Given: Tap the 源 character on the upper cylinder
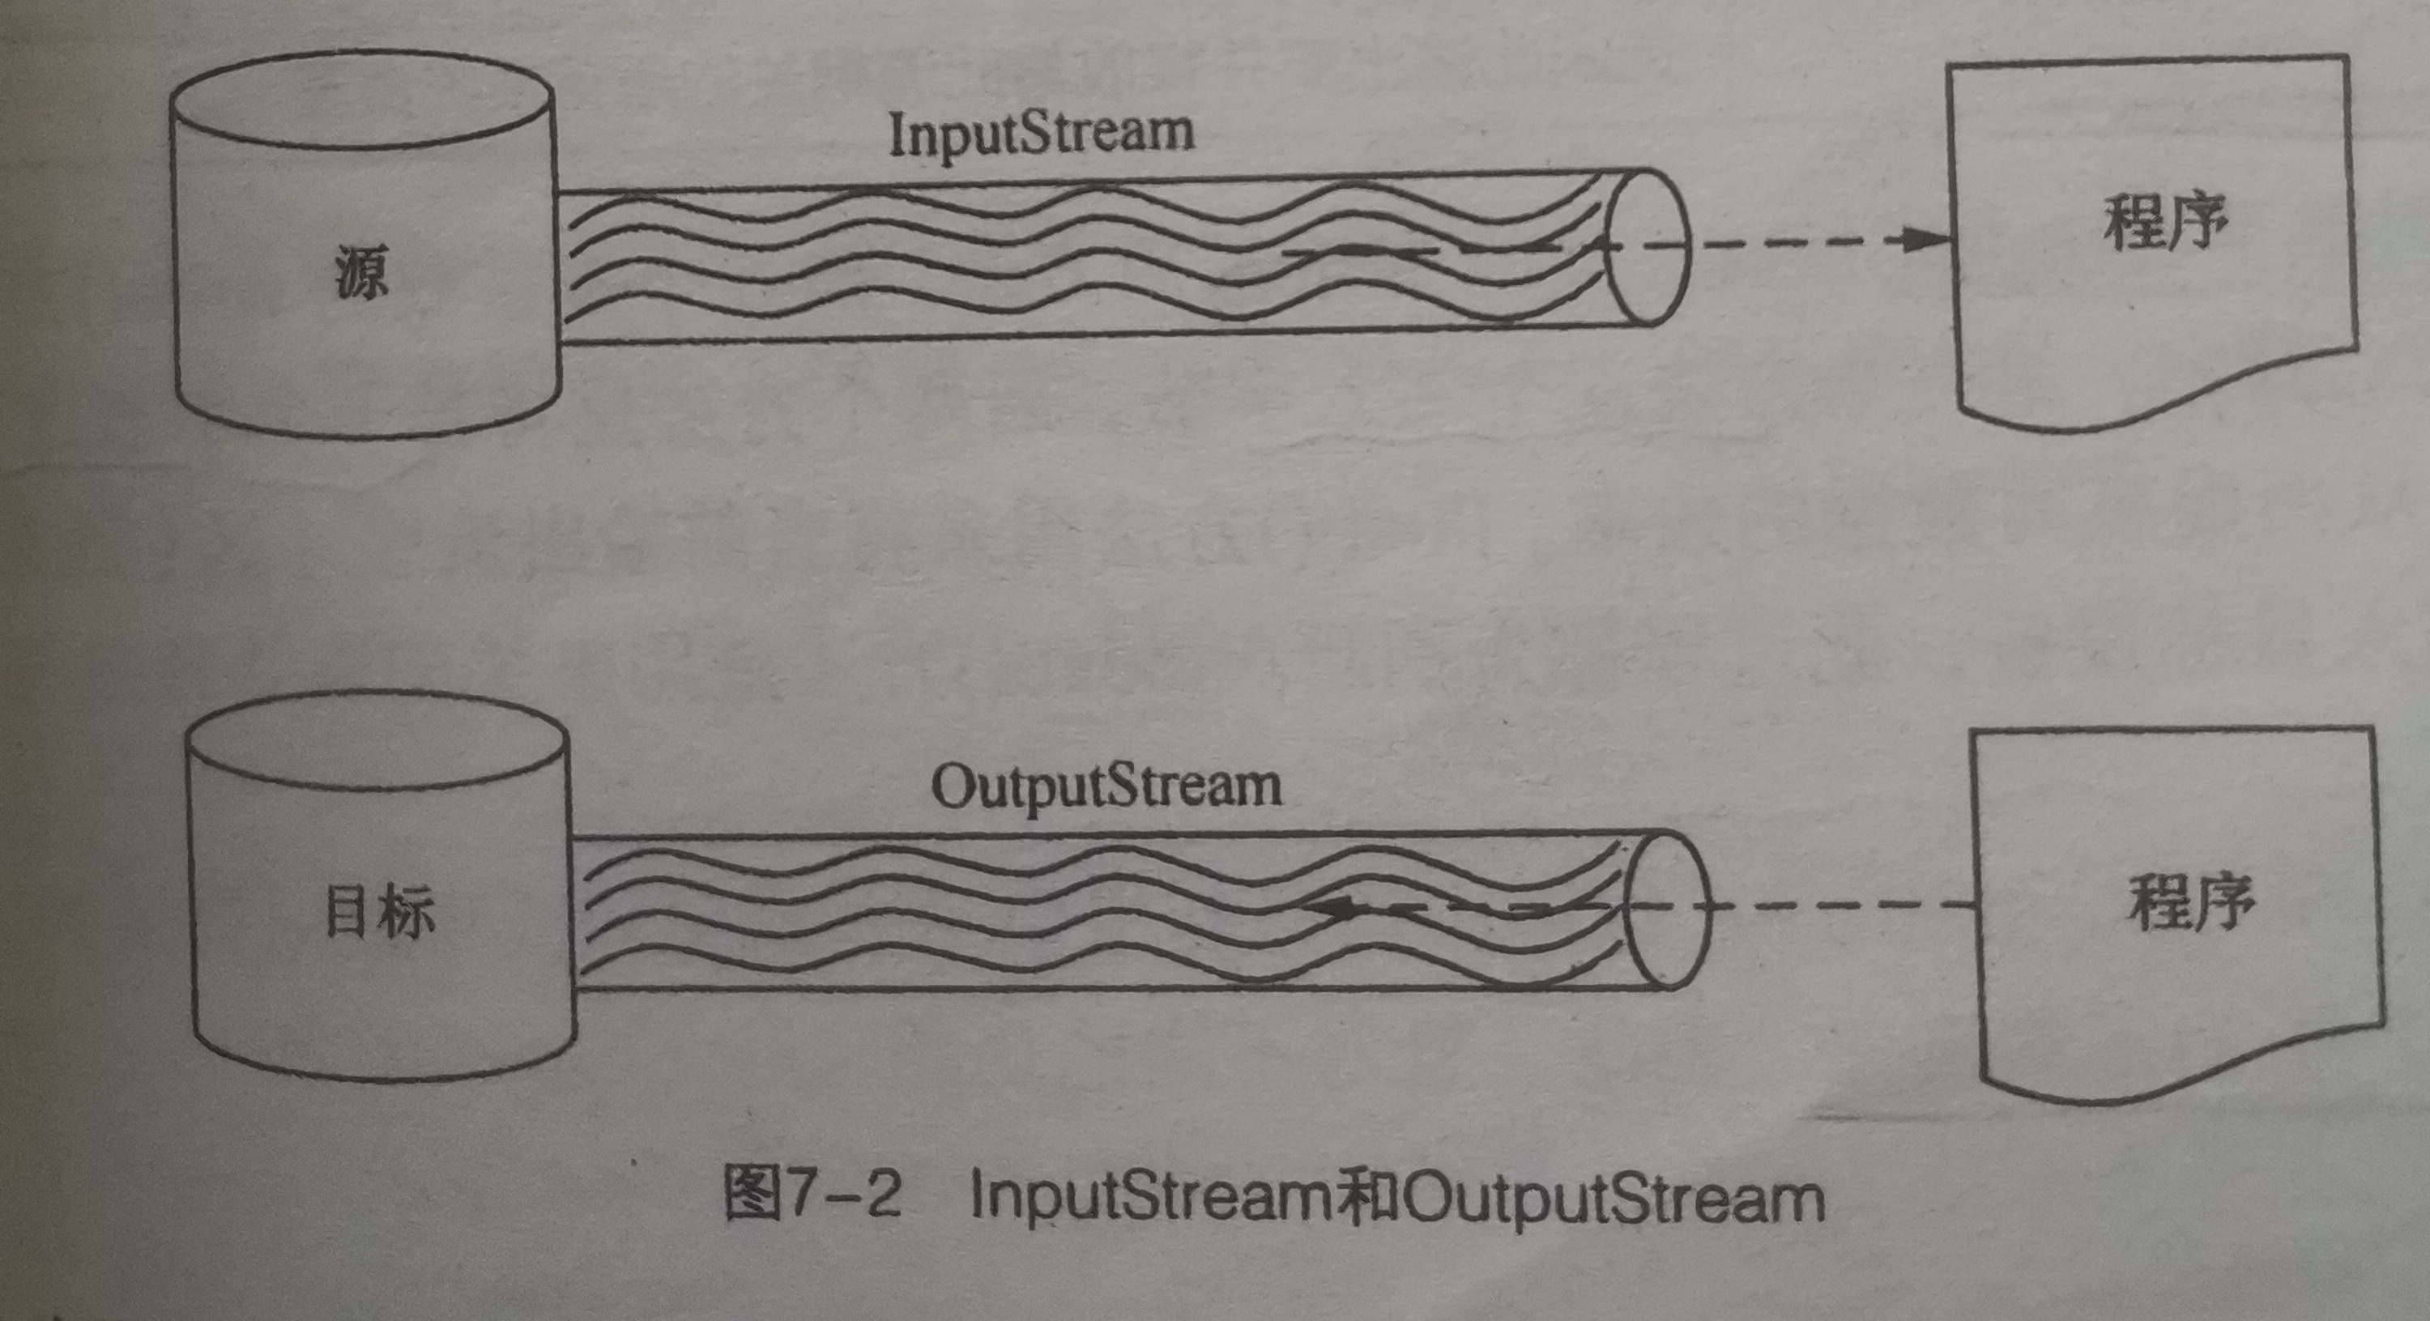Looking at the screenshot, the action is (361, 273).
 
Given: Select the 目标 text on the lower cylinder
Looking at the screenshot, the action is (379, 913).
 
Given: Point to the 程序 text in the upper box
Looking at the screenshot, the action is (2166, 224).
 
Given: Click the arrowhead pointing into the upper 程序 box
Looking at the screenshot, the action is (1921, 239).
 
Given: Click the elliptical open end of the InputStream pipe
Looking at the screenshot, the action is (1647, 247).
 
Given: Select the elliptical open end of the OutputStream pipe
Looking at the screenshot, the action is (1669, 909).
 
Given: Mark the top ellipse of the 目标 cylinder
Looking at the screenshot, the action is (377, 741).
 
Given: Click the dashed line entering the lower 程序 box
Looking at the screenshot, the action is (1840, 906).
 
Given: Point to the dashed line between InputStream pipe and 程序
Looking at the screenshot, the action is (1793, 241).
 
